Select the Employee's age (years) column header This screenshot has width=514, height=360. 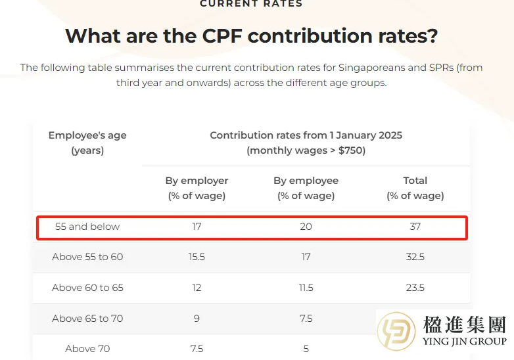coord(87,143)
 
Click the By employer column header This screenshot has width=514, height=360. coord(197,188)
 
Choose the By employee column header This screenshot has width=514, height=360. coord(306,188)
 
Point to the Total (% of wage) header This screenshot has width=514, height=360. coord(415,188)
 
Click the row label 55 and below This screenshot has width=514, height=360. coord(87,227)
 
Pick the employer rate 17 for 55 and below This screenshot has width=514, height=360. coord(197,227)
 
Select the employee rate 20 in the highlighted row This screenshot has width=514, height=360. coord(306,227)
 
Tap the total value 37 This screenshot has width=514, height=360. coord(415,227)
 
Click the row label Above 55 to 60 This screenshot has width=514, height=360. coord(87,257)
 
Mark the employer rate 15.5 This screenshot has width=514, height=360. coord(197,257)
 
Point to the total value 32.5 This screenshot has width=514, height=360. coord(415,257)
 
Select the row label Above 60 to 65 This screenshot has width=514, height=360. coord(87,288)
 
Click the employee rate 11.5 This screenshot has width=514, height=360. coord(306,288)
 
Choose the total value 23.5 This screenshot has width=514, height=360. coord(415,288)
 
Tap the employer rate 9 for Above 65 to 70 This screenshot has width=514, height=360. coord(197,319)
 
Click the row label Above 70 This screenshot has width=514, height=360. coord(87,349)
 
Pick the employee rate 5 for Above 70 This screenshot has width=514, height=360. coord(306,349)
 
